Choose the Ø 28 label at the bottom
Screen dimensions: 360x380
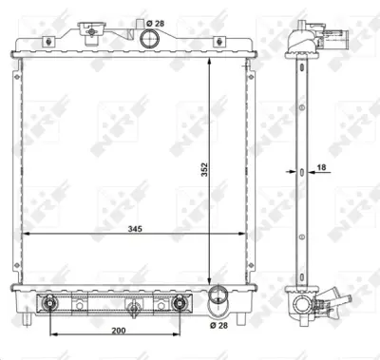coord(220,326)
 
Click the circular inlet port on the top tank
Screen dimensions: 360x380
coord(150,39)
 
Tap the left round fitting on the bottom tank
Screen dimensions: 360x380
coord(49,304)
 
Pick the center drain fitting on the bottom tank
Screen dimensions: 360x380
coord(135,306)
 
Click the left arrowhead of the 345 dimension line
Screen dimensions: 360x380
coord(26,233)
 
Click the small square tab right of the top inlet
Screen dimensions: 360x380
coord(218,42)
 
